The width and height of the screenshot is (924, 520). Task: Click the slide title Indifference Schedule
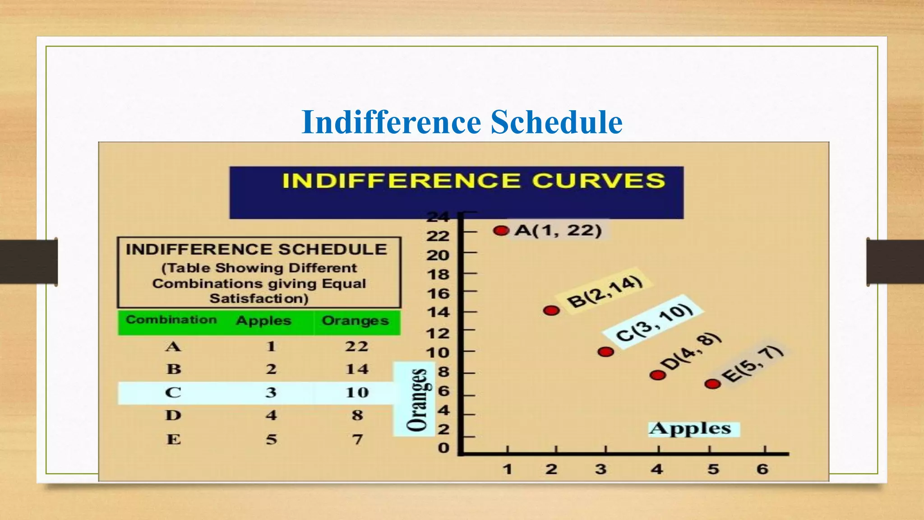[462, 122]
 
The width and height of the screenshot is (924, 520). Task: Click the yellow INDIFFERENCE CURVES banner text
[473, 181]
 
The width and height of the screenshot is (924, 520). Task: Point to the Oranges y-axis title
[417, 399]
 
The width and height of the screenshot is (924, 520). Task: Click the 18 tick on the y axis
[438, 274]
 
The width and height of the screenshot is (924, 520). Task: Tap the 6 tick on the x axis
[762, 469]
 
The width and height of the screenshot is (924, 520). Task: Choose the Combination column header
[171, 320]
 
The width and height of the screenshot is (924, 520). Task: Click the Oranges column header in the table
[355, 320]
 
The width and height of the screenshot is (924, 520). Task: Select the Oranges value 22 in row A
[356, 346]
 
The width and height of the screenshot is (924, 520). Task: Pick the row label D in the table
[173, 415]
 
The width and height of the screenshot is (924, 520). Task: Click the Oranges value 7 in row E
[357, 439]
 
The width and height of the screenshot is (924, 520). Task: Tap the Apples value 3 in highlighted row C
[271, 392]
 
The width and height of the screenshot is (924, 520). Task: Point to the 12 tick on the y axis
[438, 334]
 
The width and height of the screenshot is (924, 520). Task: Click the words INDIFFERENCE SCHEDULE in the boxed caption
[256, 249]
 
